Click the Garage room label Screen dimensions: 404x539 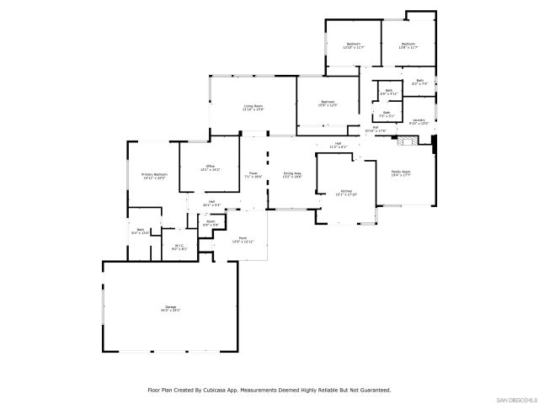point(170,309)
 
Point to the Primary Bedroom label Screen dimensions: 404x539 point(154,176)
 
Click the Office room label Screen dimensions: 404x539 point(211,167)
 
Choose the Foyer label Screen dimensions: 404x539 point(253,175)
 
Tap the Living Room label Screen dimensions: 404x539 point(253,107)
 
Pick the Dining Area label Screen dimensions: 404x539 point(292,175)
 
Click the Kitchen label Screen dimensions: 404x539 point(346,193)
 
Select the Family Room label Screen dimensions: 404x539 point(400,173)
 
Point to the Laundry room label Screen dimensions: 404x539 point(419,121)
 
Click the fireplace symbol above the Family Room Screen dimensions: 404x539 point(403,142)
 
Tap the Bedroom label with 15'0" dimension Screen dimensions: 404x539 point(328,104)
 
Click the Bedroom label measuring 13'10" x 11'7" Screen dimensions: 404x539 point(353,45)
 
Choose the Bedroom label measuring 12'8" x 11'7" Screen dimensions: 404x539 point(408,45)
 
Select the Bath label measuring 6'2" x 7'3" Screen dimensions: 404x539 point(419,82)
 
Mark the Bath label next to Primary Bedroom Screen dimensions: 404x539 point(141,231)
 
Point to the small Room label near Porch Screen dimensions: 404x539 point(211,223)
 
